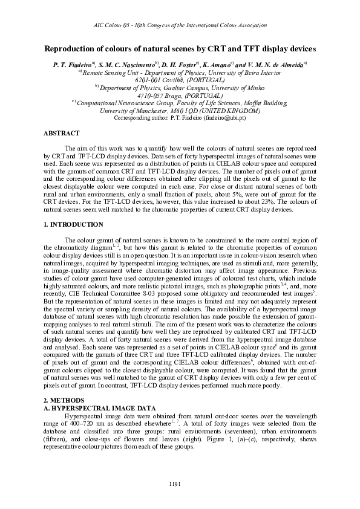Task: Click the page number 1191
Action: click(180, 483)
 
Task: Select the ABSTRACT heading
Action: click(62, 133)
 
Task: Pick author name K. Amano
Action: click(223, 63)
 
